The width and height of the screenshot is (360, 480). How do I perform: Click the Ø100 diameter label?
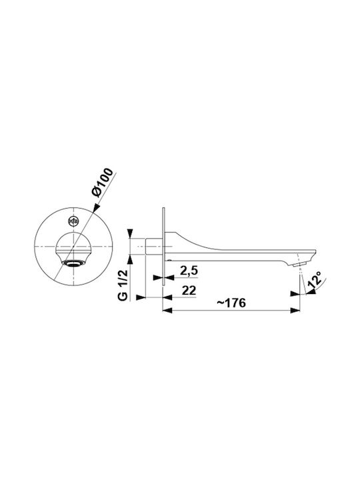click(102, 183)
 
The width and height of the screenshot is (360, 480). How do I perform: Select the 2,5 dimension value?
click(189, 271)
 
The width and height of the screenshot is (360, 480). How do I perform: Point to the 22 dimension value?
click(189, 290)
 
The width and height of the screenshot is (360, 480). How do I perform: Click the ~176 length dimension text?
click(231, 303)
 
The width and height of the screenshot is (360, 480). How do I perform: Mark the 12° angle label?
click(315, 279)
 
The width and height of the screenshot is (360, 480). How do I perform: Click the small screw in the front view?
click(74, 221)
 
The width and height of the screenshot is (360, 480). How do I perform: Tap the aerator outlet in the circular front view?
click(73, 263)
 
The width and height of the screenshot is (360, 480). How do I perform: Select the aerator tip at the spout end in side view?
click(299, 264)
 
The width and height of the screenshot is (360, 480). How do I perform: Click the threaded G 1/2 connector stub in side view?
click(154, 246)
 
